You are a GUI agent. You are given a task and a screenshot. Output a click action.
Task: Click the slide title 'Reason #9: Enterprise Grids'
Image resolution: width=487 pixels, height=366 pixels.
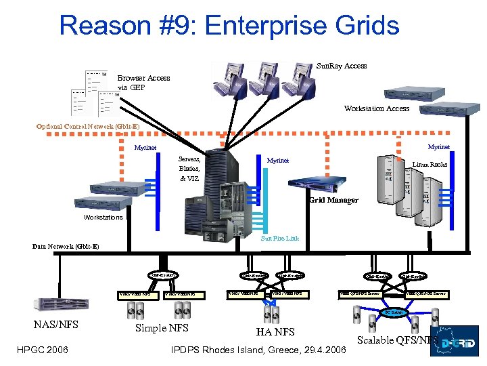(229, 25)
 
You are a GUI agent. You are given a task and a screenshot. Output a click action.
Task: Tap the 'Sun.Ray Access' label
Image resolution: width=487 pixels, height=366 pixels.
(342, 66)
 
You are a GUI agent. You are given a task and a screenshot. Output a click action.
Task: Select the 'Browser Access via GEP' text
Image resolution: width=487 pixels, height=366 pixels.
(143, 82)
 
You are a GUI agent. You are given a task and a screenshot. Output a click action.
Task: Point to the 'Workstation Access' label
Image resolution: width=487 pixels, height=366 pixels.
(376, 108)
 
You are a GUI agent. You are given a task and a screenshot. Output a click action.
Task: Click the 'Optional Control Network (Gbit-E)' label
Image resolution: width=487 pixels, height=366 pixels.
(88, 126)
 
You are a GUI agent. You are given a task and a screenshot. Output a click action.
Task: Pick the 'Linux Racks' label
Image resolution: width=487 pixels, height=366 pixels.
(430, 165)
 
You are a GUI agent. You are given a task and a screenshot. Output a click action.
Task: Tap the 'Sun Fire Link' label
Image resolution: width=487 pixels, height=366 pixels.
(279, 238)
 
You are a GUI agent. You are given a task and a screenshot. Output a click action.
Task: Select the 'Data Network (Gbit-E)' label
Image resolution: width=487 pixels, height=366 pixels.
(66, 246)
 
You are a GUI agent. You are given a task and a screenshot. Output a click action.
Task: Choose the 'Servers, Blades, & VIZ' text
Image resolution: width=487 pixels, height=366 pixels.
(189, 168)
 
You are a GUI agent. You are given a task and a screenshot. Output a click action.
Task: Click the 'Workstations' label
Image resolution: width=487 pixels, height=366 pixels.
(103, 218)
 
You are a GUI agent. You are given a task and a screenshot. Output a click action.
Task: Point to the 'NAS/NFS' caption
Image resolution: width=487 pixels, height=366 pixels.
(56, 325)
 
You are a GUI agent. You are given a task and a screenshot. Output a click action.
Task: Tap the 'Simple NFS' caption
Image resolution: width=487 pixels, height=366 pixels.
(163, 328)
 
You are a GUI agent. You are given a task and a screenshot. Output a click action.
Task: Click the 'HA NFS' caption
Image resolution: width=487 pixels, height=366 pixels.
(275, 331)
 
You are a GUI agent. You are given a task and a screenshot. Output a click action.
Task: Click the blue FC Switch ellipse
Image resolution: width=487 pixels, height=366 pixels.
(396, 312)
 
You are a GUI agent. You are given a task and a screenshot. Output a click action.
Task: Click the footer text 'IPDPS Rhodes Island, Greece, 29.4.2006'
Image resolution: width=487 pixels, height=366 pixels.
(259, 349)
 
